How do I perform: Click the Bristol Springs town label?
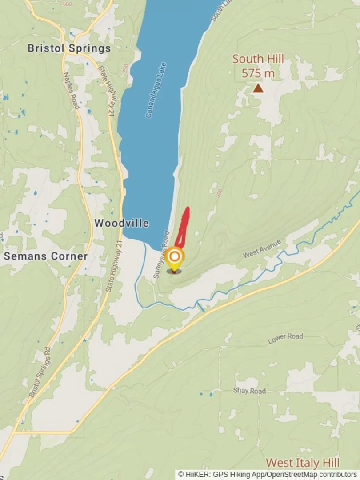click(x=69, y=48)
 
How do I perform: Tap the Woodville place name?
click(x=121, y=223)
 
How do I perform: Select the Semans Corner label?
click(x=46, y=256)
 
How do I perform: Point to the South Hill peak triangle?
click(x=258, y=88)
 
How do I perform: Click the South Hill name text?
click(x=258, y=59)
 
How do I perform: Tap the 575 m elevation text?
click(x=258, y=73)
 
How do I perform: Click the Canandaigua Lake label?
click(x=156, y=90)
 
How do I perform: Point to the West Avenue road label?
click(x=262, y=248)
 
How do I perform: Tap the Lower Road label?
click(x=285, y=339)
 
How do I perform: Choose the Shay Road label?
click(x=249, y=391)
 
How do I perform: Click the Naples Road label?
click(x=72, y=91)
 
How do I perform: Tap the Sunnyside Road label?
click(x=161, y=254)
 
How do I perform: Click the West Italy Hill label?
click(x=303, y=463)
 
